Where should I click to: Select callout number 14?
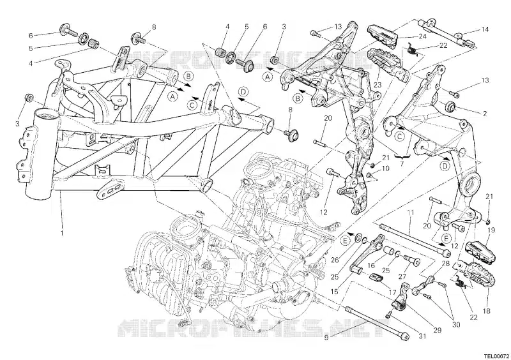485,29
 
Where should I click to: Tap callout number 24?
404,36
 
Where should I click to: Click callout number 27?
402,276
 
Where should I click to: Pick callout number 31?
404,336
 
